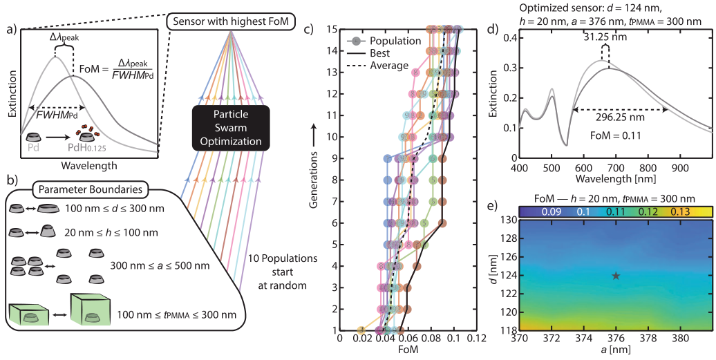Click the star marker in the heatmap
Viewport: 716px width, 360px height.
point(616,276)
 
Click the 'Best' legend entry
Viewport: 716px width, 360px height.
point(380,53)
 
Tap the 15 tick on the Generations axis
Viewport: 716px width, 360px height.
point(331,30)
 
